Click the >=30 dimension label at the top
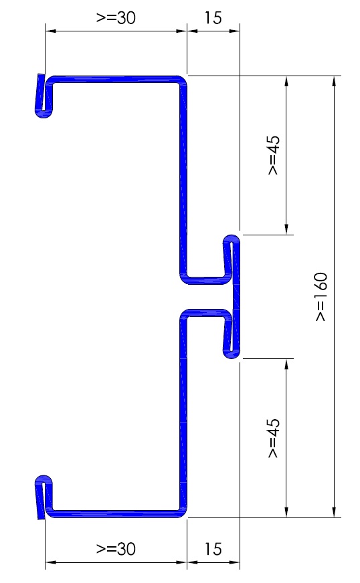[x=116, y=17]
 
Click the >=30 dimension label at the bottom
[x=116, y=549]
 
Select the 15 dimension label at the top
[x=213, y=17]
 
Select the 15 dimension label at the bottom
[x=213, y=549]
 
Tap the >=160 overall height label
[x=321, y=297]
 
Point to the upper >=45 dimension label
[x=274, y=155]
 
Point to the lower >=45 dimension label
[x=274, y=438]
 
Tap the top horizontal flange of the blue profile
[x=115, y=79]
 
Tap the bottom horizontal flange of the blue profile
[x=115, y=514]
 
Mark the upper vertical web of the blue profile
[x=183, y=179]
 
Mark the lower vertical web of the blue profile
[x=183, y=413]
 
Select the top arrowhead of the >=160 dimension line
[x=335, y=82]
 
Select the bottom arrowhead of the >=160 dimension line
[x=335, y=511]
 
